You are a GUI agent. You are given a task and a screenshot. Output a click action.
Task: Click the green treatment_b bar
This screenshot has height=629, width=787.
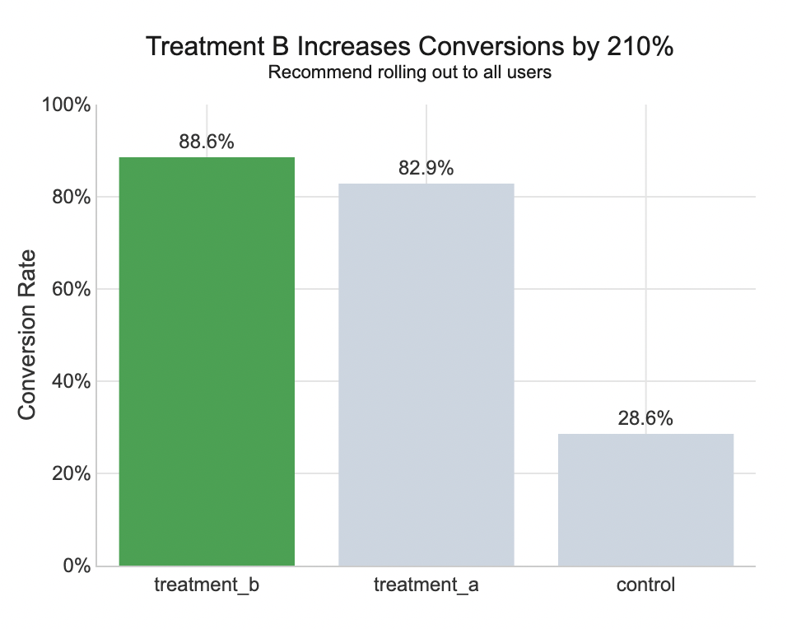click(x=207, y=361)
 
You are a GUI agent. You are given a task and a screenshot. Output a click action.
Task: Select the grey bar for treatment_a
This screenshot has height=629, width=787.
click(x=426, y=375)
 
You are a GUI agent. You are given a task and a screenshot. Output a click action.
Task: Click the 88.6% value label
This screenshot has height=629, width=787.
click(x=207, y=142)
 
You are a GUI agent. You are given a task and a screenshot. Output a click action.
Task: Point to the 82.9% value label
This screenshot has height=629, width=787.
click(x=426, y=168)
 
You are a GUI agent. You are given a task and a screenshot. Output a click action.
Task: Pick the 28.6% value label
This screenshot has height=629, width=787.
click(x=645, y=418)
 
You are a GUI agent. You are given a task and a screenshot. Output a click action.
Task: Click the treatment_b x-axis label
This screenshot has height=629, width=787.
click(x=207, y=586)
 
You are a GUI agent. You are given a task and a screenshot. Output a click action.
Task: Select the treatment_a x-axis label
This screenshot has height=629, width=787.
click(x=426, y=586)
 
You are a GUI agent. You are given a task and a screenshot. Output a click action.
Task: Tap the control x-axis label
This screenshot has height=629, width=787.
click(x=645, y=586)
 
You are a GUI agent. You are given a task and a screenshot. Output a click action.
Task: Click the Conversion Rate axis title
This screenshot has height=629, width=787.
click(x=27, y=335)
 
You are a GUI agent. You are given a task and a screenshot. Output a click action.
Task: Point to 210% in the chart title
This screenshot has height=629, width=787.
click(x=640, y=47)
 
